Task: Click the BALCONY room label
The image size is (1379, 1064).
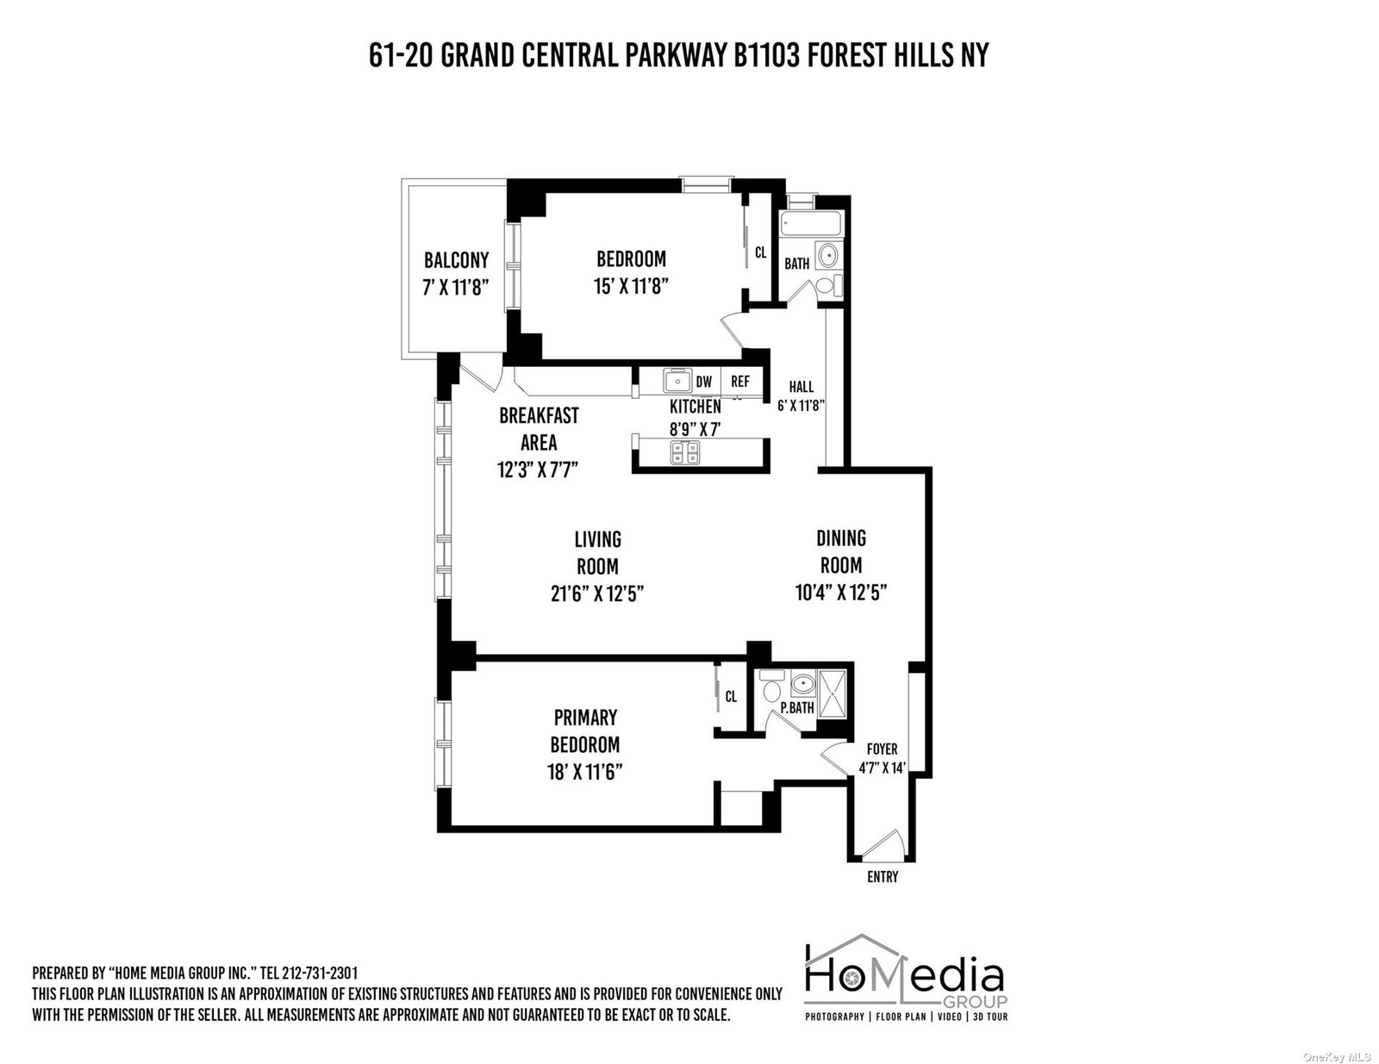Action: coord(456,260)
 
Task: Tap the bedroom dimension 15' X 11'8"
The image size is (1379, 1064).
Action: coord(632,286)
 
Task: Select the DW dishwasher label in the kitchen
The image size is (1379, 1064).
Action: coord(704,382)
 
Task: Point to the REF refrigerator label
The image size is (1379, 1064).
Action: coord(740,381)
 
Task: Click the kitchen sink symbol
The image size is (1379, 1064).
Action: coord(678,381)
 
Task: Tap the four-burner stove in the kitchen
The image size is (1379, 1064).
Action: coord(685,453)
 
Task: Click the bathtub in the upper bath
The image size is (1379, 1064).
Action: coord(811,224)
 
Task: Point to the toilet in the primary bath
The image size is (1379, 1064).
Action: coord(771,686)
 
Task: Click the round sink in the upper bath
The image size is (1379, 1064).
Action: coord(827,256)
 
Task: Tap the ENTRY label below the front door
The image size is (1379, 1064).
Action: coord(883,877)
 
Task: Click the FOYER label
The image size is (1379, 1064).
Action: coord(882,749)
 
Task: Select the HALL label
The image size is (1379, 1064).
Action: coord(801,386)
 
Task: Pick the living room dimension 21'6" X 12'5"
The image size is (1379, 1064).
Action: coord(597,594)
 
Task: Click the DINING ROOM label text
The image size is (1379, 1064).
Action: coord(841,551)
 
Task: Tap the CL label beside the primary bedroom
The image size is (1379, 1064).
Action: coord(731,696)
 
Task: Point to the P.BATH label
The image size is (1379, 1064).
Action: coord(797,707)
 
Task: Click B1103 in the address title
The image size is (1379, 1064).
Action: coord(767,55)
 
